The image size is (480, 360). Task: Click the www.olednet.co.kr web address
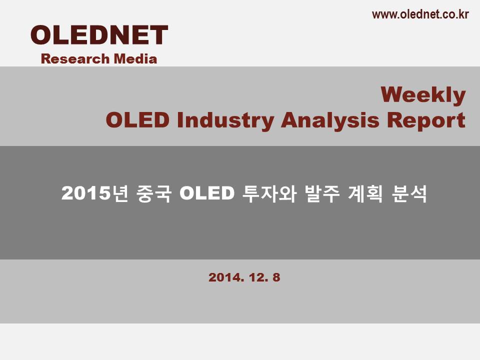point(420,14)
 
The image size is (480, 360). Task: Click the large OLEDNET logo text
point(99,35)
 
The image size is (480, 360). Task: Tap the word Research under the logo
point(75,59)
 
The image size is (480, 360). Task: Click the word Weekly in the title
point(423,95)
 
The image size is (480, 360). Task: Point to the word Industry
point(225,120)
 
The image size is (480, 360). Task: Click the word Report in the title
point(426,120)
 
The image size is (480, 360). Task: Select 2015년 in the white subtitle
point(94,193)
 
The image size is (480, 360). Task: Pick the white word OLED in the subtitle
point(207,193)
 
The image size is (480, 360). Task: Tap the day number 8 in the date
point(276,277)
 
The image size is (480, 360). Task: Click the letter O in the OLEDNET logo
point(41,35)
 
